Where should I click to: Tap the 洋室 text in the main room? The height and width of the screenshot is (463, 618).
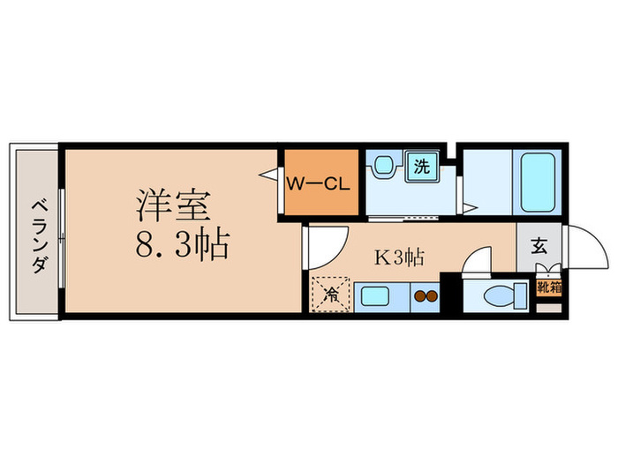(x=173, y=205)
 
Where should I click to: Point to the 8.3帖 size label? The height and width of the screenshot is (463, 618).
(x=182, y=244)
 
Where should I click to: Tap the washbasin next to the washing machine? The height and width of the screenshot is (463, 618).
(x=382, y=166)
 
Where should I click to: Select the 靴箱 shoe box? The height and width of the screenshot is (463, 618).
(x=548, y=287)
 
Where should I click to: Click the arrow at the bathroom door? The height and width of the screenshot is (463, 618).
(x=472, y=208)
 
